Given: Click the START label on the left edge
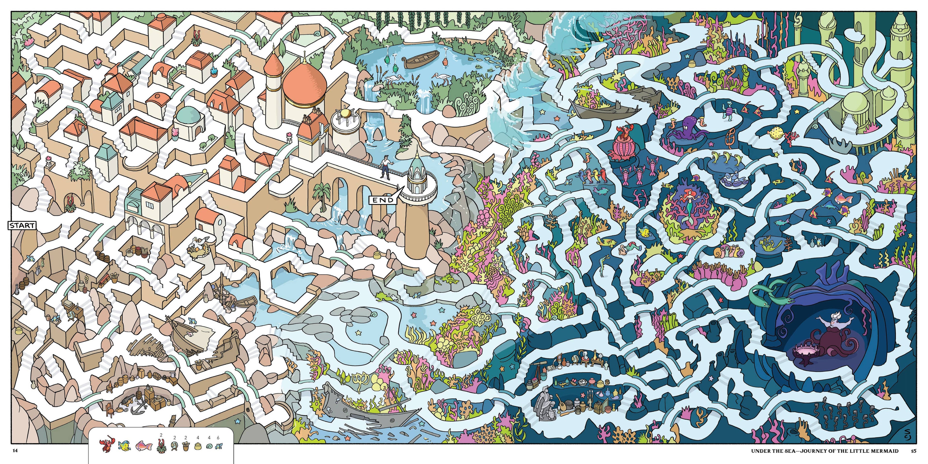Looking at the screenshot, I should [22, 225].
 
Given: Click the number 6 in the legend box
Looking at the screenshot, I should [218, 438].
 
